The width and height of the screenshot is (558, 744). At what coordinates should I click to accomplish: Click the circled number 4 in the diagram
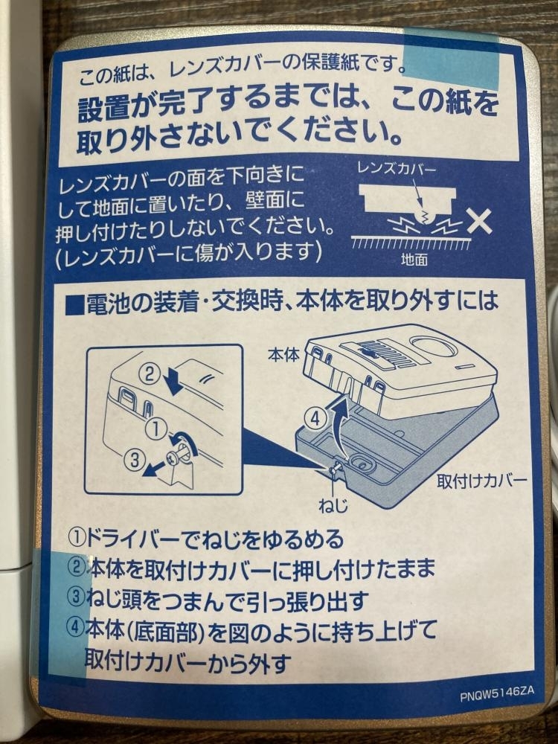[315, 417]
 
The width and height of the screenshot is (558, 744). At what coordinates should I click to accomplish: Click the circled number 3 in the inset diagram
[135, 459]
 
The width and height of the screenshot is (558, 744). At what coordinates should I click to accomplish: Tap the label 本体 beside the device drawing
[283, 354]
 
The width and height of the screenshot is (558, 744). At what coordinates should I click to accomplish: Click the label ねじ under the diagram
[333, 505]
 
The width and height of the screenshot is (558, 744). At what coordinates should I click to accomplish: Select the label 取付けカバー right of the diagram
[481, 481]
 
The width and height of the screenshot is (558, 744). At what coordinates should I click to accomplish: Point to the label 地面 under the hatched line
[414, 259]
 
